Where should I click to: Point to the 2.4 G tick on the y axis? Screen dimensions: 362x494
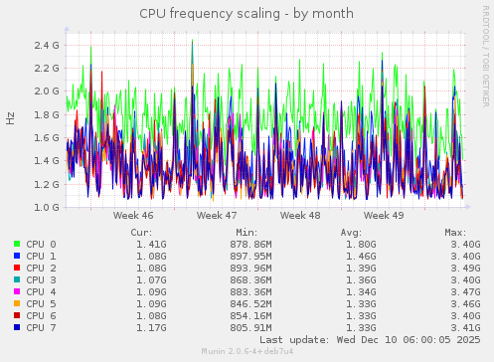[x=47, y=46]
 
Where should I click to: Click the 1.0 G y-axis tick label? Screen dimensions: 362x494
[x=47, y=208]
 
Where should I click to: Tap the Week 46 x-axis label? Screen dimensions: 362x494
[x=133, y=215]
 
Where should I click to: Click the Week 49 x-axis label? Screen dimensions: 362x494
[x=384, y=215]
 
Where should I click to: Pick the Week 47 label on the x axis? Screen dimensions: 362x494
[x=217, y=215]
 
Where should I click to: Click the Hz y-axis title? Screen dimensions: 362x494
[x=11, y=117]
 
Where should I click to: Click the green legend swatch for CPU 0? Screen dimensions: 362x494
[x=17, y=244]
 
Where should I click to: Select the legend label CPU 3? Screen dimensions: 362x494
[x=41, y=279]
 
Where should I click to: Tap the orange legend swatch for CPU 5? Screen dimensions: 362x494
[x=17, y=303]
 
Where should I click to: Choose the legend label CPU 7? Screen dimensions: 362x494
[x=41, y=327]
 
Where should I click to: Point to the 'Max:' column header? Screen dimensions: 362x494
[x=455, y=232]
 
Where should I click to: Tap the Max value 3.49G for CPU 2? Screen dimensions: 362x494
[x=465, y=268]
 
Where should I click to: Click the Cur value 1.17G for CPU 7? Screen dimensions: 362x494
[x=151, y=327]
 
